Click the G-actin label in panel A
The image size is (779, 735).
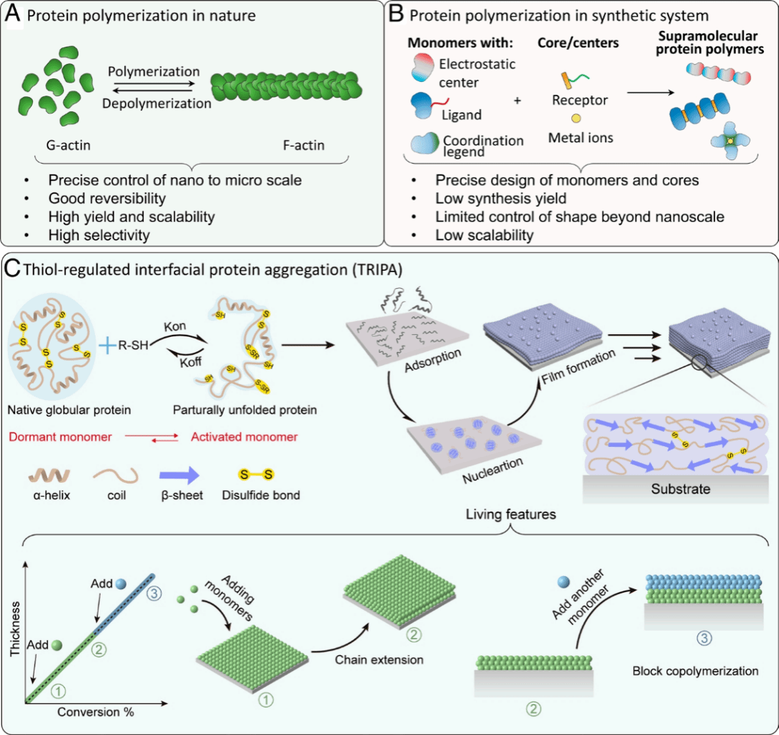(x=64, y=147)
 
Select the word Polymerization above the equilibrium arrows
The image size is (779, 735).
(x=154, y=73)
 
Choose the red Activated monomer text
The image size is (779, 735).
(x=244, y=437)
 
